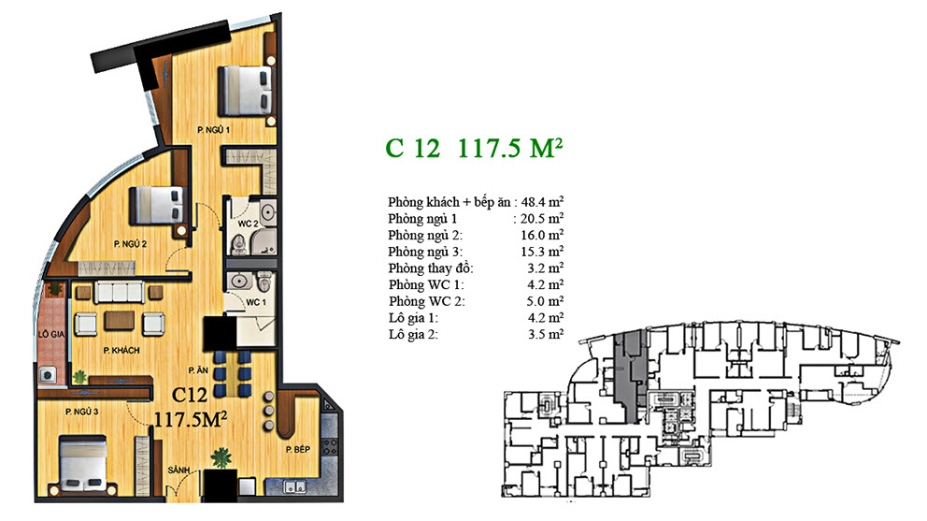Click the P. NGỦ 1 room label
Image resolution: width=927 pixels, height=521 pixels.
213,130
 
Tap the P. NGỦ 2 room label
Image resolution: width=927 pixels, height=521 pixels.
130,244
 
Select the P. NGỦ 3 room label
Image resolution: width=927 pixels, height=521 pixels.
82,412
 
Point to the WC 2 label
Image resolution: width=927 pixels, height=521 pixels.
248,224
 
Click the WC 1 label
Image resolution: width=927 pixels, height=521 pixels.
256,302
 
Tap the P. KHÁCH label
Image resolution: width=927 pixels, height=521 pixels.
121,351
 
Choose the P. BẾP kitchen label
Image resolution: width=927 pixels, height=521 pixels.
298,449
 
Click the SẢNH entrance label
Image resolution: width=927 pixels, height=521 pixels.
179,470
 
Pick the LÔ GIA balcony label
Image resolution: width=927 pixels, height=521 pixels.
51,335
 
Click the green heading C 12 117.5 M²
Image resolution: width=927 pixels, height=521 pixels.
474,148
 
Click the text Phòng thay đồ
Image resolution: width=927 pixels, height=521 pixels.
431,268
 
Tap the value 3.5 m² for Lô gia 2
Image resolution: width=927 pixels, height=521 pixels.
546,334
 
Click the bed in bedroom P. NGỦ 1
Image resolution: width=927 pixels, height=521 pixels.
246,91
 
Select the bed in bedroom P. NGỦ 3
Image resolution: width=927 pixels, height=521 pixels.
83,466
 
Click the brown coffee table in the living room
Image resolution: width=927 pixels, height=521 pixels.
120,321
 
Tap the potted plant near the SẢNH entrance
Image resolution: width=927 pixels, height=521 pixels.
221,458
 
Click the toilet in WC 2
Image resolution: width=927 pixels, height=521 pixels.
238,243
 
